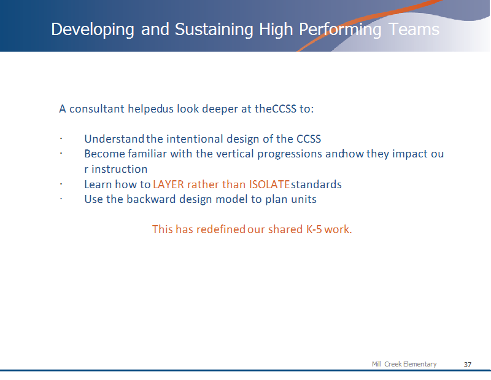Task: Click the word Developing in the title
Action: click(x=93, y=30)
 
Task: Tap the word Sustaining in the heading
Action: click(x=214, y=30)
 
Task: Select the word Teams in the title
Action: click(x=414, y=30)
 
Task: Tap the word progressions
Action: click(x=289, y=154)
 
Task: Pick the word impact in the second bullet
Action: click(x=409, y=154)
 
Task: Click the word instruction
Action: click(x=119, y=169)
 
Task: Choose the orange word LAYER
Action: click(x=168, y=184)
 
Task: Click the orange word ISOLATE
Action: click(x=269, y=184)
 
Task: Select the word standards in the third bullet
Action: click(x=316, y=184)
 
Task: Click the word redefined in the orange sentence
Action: click(x=221, y=229)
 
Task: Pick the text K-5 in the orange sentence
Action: click(x=314, y=229)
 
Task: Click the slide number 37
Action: click(x=468, y=365)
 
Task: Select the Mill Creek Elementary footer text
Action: click(x=404, y=364)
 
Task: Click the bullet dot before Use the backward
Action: click(x=61, y=199)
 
